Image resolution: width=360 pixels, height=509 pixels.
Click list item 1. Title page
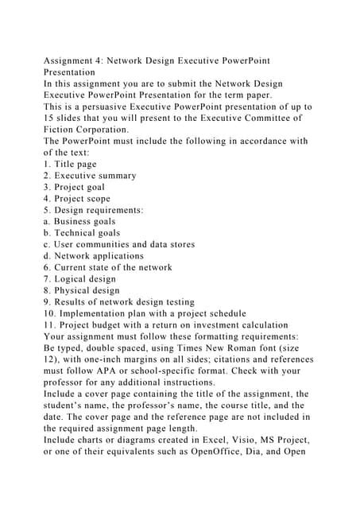click(77, 164)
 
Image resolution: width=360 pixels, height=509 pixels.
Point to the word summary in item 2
click(115, 176)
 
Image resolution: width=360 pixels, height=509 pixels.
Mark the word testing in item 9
click(176, 302)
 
